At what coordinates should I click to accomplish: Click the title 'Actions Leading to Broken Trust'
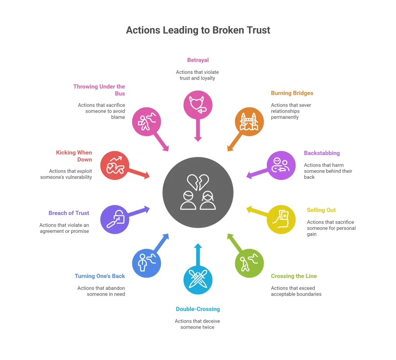pyautogui.click(x=198, y=30)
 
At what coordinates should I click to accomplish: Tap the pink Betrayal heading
pyautogui.click(x=198, y=60)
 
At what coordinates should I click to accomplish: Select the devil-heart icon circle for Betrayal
pyautogui.click(x=198, y=105)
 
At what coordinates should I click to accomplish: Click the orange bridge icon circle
pyautogui.click(x=249, y=122)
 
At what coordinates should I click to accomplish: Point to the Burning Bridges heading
pyautogui.click(x=292, y=93)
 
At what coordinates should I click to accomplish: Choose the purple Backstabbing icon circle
pyautogui.click(x=281, y=165)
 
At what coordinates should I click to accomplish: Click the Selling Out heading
pyautogui.click(x=321, y=210)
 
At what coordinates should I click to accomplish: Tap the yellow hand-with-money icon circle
pyautogui.click(x=281, y=219)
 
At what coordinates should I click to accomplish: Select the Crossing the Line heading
pyautogui.click(x=294, y=276)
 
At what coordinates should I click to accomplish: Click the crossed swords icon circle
pyautogui.click(x=198, y=280)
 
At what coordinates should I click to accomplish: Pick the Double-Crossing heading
pyautogui.click(x=198, y=309)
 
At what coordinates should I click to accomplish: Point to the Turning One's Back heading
pyautogui.click(x=100, y=276)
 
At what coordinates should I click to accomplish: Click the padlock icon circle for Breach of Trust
pyautogui.click(x=114, y=219)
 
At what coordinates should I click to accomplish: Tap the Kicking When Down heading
pyautogui.click(x=74, y=156)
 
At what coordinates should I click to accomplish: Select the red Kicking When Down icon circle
pyautogui.click(x=114, y=165)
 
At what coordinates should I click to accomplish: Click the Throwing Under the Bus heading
pyautogui.click(x=99, y=90)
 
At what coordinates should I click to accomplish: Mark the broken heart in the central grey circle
pyautogui.click(x=198, y=182)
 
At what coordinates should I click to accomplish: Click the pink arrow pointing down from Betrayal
pyautogui.click(x=198, y=130)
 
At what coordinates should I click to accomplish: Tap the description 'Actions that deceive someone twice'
pyautogui.click(x=198, y=324)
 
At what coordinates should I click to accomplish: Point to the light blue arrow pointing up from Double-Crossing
pyautogui.click(x=198, y=255)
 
